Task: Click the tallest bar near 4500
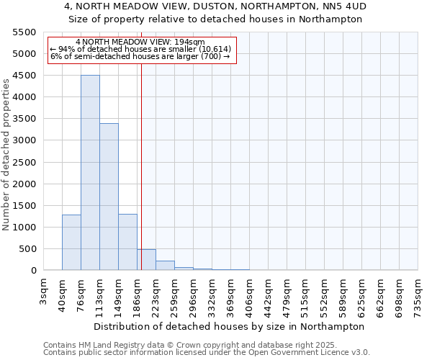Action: tap(90, 173)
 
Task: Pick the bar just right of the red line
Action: tap(147, 260)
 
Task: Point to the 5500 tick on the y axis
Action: tap(25, 32)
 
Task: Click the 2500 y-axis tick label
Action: tap(25, 162)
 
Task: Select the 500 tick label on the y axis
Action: tap(28, 249)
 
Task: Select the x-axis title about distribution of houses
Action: tap(229, 326)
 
